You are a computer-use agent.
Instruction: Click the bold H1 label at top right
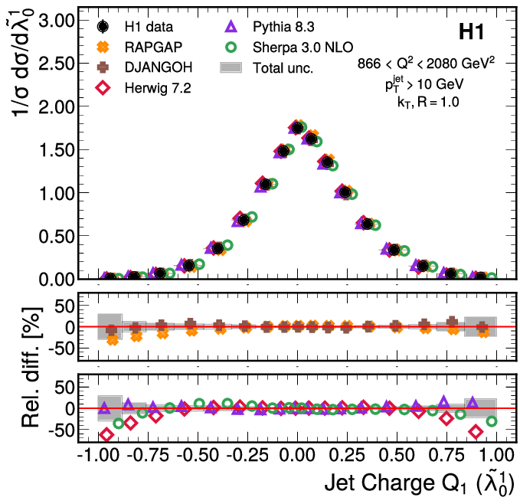(x=471, y=32)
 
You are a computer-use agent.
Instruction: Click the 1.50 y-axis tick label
(x=55, y=149)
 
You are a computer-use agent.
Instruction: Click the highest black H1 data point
(x=297, y=128)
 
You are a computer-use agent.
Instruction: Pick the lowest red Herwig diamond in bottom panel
(x=106, y=435)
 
